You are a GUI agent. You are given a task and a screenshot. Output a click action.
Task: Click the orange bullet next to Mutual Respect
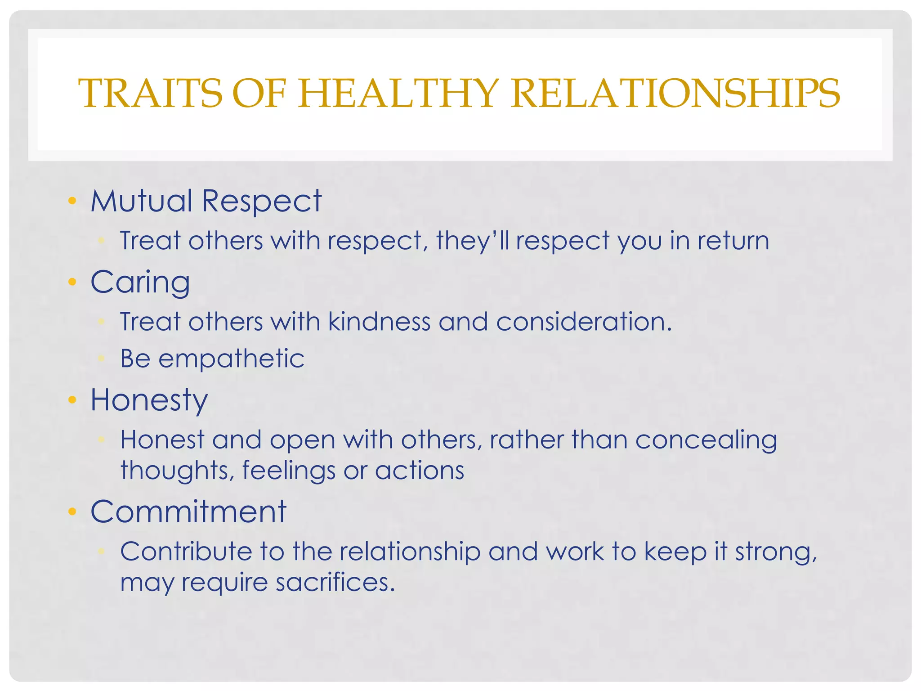pos(72,201)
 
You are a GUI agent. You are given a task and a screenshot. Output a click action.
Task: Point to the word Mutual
pos(142,201)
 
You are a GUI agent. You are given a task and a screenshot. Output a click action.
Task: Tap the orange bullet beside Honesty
pos(72,399)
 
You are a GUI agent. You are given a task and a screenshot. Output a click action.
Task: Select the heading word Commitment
pos(188,512)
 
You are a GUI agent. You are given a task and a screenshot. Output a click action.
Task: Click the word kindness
pos(379,322)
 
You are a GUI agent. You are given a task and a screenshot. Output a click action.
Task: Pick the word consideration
pos(583,322)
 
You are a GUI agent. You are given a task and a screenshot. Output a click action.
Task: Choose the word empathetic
pos(232,359)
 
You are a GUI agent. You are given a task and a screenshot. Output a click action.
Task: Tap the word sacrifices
pos(335,583)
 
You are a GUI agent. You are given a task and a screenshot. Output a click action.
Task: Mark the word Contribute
pos(186,552)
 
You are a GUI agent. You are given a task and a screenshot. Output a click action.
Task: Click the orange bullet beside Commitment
pos(72,512)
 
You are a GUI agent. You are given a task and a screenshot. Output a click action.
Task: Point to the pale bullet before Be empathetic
pos(102,359)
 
